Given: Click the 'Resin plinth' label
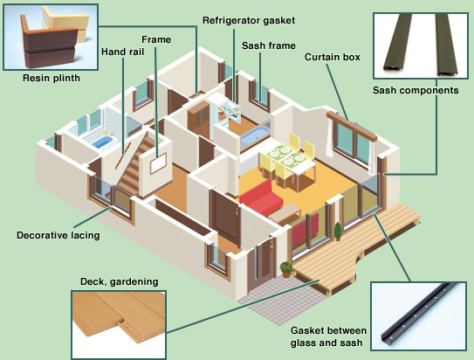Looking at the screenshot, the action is click(52, 78).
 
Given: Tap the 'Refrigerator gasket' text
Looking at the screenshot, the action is click(249, 21).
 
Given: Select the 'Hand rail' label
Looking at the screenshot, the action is click(122, 52).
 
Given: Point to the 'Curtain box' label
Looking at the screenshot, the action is click(333, 57).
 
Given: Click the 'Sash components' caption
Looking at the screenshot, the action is click(416, 90).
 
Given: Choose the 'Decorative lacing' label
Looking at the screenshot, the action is click(58, 235).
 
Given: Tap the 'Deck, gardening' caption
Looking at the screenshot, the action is click(119, 281).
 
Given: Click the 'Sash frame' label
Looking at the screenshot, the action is click(269, 45).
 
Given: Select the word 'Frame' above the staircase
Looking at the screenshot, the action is click(156, 39).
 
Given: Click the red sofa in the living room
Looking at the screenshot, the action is click(261, 197).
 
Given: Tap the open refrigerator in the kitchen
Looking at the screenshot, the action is click(227, 113).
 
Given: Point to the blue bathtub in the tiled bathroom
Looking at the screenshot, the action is click(102, 142).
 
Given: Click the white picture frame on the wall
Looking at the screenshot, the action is click(158, 163).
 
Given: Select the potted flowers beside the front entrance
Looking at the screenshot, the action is click(285, 269).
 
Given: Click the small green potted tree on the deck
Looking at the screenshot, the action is click(338, 232).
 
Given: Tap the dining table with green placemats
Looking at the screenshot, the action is click(287, 162).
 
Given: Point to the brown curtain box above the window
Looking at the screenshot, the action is click(352, 126).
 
